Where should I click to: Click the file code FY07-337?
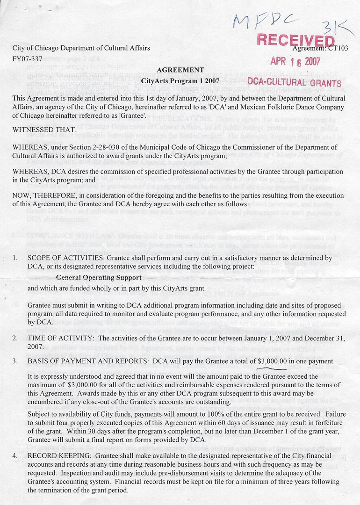[x=28, y=59]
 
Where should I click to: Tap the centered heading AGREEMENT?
[x=180, y=70]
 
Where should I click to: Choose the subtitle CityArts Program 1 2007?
[x=180, y=81]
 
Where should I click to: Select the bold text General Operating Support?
[x=99, y=278]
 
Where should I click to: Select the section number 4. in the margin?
[x=15, y=455]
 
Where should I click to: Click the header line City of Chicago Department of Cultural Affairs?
[x=81, y=48]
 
